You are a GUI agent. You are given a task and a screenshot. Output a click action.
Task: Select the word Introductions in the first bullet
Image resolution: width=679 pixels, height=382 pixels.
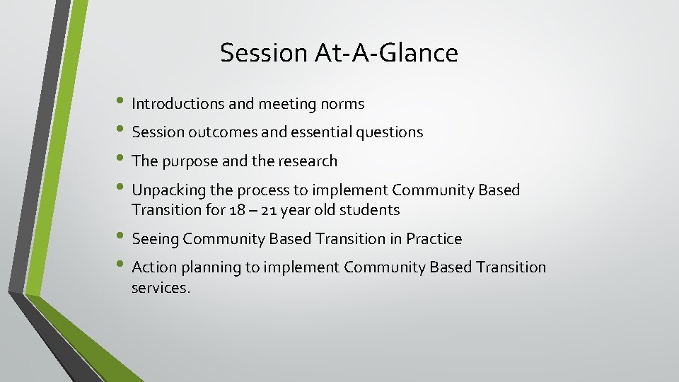tap(178, 104)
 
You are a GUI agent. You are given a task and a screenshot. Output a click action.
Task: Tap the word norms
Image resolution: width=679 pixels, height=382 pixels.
tap(343, 104)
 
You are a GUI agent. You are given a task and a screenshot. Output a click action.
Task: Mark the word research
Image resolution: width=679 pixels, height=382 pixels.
tap(304, 161)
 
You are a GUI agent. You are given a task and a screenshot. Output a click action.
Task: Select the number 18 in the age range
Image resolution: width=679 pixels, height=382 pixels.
tap(238, 210)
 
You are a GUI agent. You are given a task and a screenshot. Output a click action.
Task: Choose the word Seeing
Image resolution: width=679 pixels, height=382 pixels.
tap(156, 240)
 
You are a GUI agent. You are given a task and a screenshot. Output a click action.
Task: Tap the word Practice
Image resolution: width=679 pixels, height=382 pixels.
tap(434, 240)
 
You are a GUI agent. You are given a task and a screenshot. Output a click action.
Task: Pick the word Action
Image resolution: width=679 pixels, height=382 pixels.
tap(153, 267)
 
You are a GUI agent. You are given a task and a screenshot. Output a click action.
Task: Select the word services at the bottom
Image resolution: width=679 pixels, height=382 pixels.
tap(159, 288)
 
